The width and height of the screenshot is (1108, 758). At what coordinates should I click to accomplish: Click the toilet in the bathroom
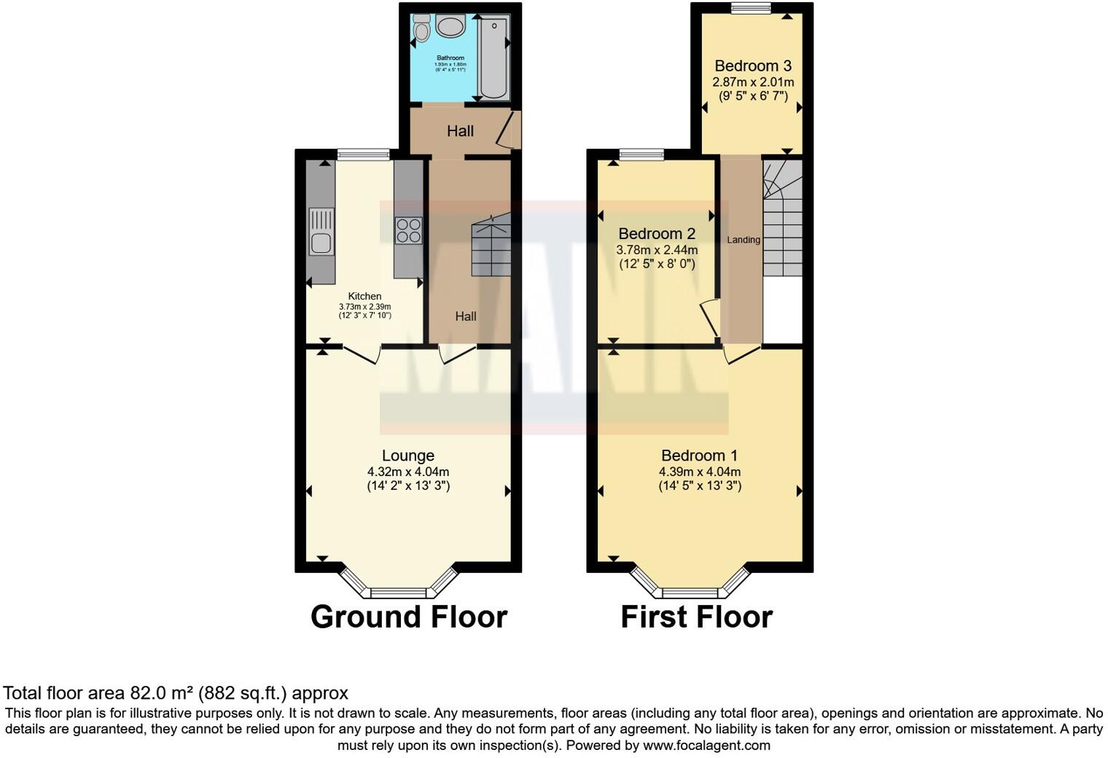(421, 28)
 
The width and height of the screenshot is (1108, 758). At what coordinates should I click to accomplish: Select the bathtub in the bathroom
(493, 57)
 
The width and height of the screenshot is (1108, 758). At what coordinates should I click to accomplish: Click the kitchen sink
(321, 231)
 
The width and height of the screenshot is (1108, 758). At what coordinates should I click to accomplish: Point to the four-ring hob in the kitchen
(408, 230)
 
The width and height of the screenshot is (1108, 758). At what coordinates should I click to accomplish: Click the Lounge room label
(408, 456)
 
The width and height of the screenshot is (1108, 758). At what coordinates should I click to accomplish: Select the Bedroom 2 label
(656, 233)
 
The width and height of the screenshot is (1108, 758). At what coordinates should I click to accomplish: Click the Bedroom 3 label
(753, 66)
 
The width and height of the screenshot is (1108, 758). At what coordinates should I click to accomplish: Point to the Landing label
(744, 240)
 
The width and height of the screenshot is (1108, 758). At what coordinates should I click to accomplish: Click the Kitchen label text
(364, 296)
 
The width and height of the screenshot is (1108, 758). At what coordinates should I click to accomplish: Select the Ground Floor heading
(408, 617)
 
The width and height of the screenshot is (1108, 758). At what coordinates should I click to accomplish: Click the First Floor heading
(696, 617)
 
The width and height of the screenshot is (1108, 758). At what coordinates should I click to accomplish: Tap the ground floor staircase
(491, 248)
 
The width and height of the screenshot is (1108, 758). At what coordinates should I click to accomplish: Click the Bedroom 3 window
(751, 9)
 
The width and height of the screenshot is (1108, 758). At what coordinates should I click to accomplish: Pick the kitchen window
(364, 154)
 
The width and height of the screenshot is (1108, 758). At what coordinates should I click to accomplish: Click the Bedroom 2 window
(641, 154)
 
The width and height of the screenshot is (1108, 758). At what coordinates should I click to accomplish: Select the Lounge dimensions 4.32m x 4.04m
(408, 472)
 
